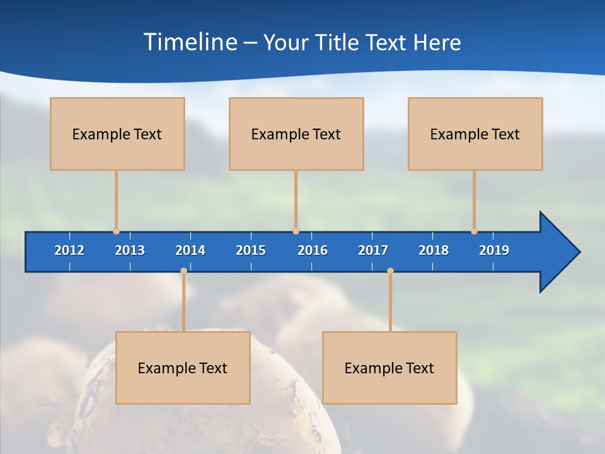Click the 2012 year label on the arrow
(x=69, y=250)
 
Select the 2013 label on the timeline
(x=130, y=250)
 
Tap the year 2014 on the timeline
(x=190, y=250)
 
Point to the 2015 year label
(x=251, y=250)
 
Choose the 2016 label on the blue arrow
(x=313, y=250)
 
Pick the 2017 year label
(x=373, y=250)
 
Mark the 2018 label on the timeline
(x=434, y=250)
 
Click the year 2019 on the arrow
(x=494, y=250)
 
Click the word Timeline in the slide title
(x=191, y=42)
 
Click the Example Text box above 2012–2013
(x=117, y=134)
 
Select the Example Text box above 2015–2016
(x=296, y=134)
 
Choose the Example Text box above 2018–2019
(x=475, y=134)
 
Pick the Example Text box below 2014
(x=183, y=368)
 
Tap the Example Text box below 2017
(x=389, y=368)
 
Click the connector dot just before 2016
(x=296, y=231)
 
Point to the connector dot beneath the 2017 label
(x=390, y=271)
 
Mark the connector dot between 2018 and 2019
(x=474, y=231)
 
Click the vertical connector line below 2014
(x=183, y=303)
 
